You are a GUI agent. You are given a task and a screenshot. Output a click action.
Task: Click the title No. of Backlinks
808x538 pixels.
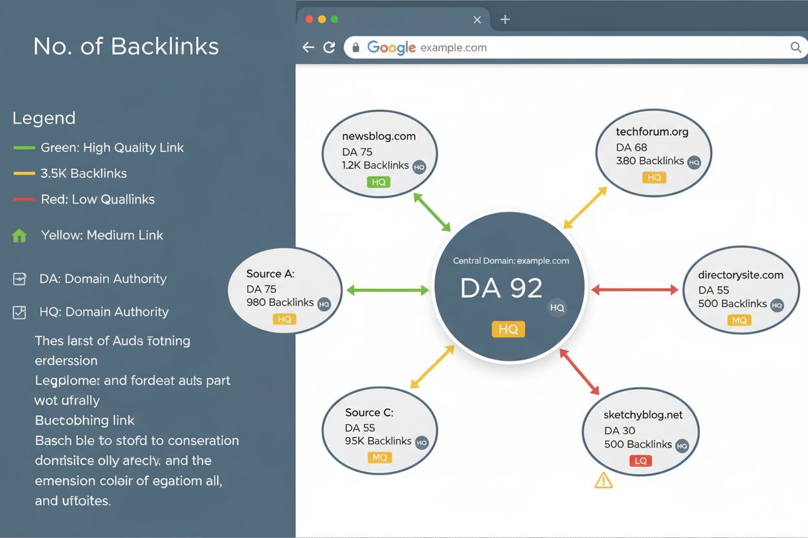[x=126, y=47]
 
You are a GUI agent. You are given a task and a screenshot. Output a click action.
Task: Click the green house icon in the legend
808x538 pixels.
[x=19, y=236]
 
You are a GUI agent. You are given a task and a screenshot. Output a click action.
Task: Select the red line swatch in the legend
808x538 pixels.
[x=24, y=199]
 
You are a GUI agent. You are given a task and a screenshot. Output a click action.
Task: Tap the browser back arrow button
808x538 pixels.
[x=308, y=47]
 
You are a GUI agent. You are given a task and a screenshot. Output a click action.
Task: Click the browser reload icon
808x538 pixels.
[x=329, y=47]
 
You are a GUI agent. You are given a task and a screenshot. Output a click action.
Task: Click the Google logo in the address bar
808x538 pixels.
[x=391, y=47]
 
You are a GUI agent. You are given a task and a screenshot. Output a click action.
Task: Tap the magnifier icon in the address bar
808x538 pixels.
[x=796, y=47]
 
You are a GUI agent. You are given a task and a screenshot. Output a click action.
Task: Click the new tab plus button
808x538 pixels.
[x=505, y=19]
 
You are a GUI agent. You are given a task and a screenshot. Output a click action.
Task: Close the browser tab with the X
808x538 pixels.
[x=477, y=20]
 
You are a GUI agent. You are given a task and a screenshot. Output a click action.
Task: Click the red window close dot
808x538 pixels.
[x=309, y=19]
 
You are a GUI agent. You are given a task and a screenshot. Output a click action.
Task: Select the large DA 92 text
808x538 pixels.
[x=501, y=288]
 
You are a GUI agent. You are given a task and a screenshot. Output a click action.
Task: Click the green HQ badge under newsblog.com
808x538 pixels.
[x=379, y=182]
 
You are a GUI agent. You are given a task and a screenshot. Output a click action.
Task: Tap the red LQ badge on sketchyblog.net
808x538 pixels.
[x=640, y=461]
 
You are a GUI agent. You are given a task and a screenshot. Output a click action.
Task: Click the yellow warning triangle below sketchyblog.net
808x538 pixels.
[x=603, y=480]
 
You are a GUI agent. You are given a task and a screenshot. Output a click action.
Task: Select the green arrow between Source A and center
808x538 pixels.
[x=387, y=290]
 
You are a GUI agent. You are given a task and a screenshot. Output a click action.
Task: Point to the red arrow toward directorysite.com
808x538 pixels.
[x=634, y=290]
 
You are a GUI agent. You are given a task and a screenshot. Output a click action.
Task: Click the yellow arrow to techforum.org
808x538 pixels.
[x=585, y=208]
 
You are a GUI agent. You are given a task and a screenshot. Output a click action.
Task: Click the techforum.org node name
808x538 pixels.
[x=652, y=132]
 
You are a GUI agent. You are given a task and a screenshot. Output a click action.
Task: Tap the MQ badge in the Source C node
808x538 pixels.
[x=379, y=458]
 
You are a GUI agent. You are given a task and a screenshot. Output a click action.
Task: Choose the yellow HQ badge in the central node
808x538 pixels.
[x=508, y=329]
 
